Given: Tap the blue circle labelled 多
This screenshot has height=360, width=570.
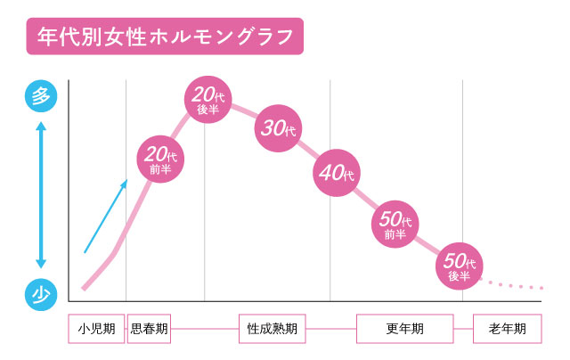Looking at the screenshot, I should (x=40, y=95).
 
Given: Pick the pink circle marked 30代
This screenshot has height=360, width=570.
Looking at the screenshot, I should (x=279, y=127).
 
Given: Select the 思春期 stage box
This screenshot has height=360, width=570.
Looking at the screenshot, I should (x=149, y=329).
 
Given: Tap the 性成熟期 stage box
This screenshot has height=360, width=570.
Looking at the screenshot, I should (x=272, y=329).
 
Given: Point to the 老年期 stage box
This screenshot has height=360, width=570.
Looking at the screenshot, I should (x=507, y=329).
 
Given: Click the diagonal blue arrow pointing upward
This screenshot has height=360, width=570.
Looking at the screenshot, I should (x=106, y=217).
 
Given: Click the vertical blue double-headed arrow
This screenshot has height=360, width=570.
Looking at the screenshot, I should (x=40, y=194).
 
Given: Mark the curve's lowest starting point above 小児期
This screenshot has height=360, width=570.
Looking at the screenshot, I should (x=84, y=288).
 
